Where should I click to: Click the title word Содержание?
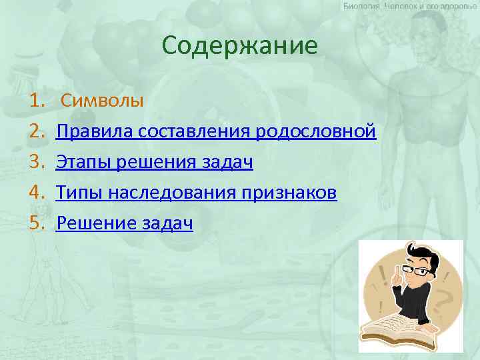240,46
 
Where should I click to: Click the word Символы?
102,101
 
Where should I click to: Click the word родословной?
315,132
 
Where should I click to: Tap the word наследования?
171,193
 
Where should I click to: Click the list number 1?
35,101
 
